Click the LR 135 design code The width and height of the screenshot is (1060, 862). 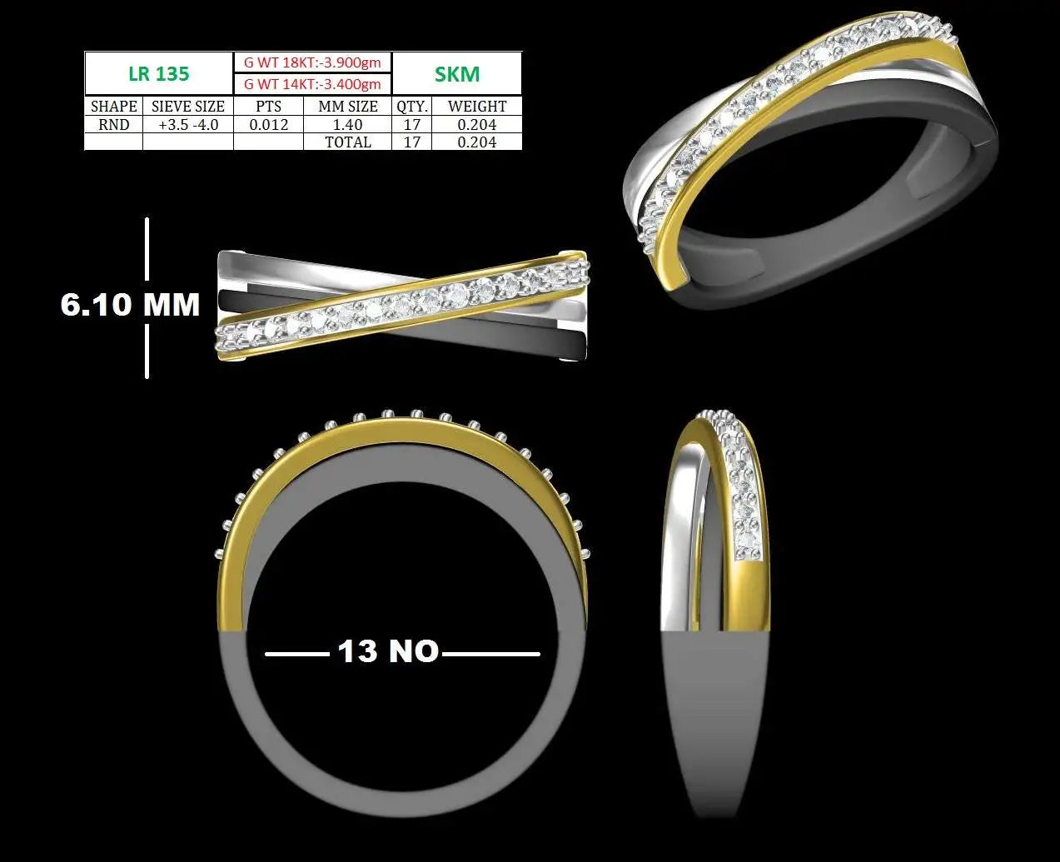(x=159, y=74)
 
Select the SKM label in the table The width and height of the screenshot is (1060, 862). (x=457, y=74)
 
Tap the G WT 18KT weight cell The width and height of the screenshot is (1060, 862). (x=312, y=62)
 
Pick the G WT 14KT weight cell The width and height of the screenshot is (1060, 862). (x=312, y=84)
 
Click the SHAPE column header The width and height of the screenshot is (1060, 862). (x=114, y=106)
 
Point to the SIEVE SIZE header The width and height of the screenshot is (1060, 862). (x=188, y=106)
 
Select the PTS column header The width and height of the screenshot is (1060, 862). (x=268, y=106)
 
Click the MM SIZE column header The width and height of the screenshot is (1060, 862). (x=348, y=106)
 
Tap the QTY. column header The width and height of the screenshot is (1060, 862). (x=412, y=106)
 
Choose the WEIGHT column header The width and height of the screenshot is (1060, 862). (x=477, y=106)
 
